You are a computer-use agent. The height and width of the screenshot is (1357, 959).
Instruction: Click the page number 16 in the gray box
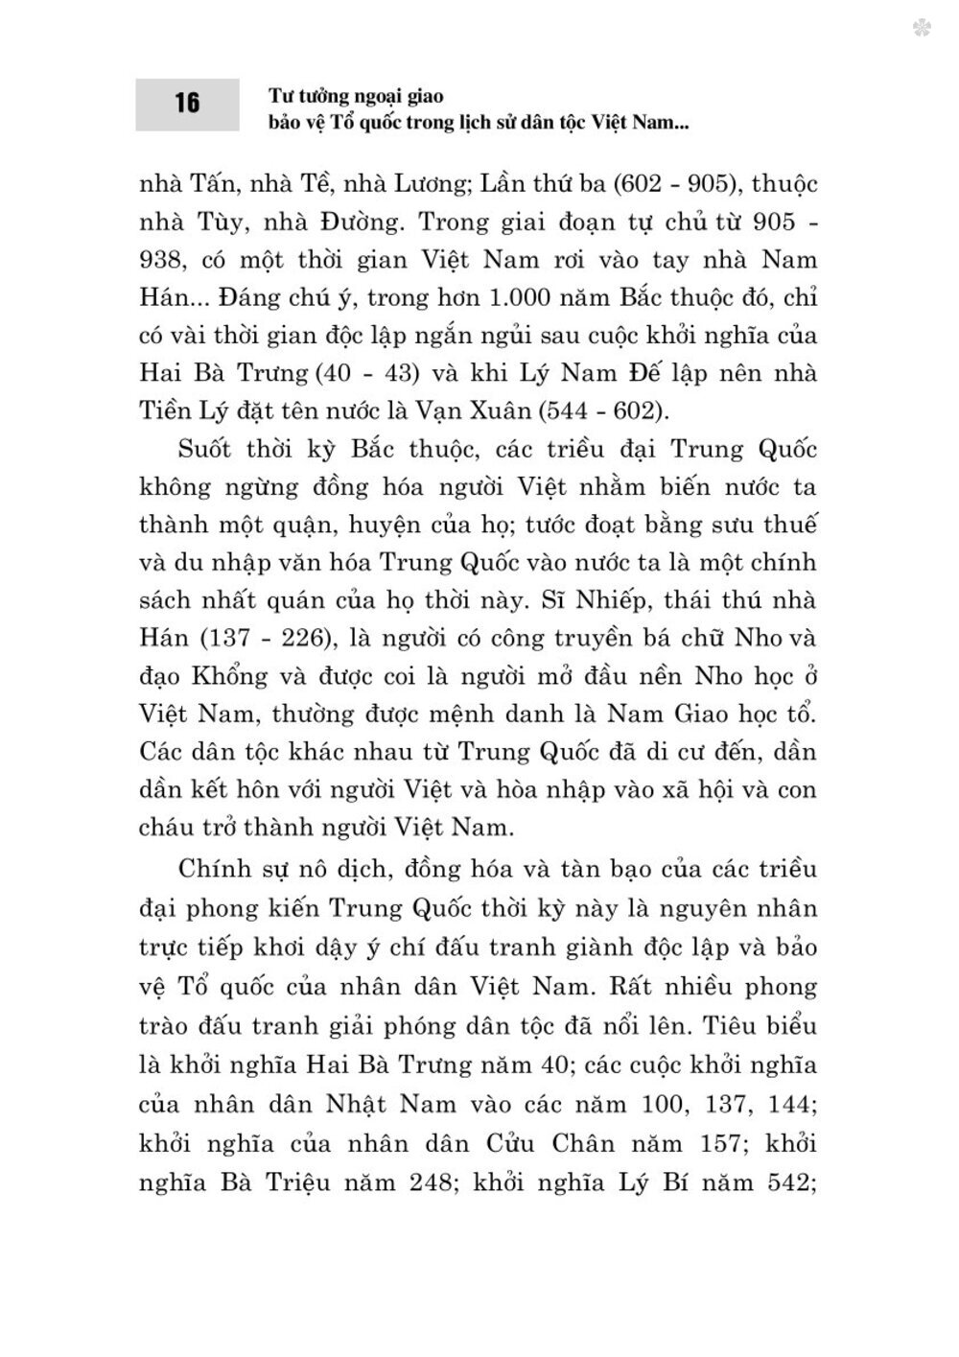click(187, 103)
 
